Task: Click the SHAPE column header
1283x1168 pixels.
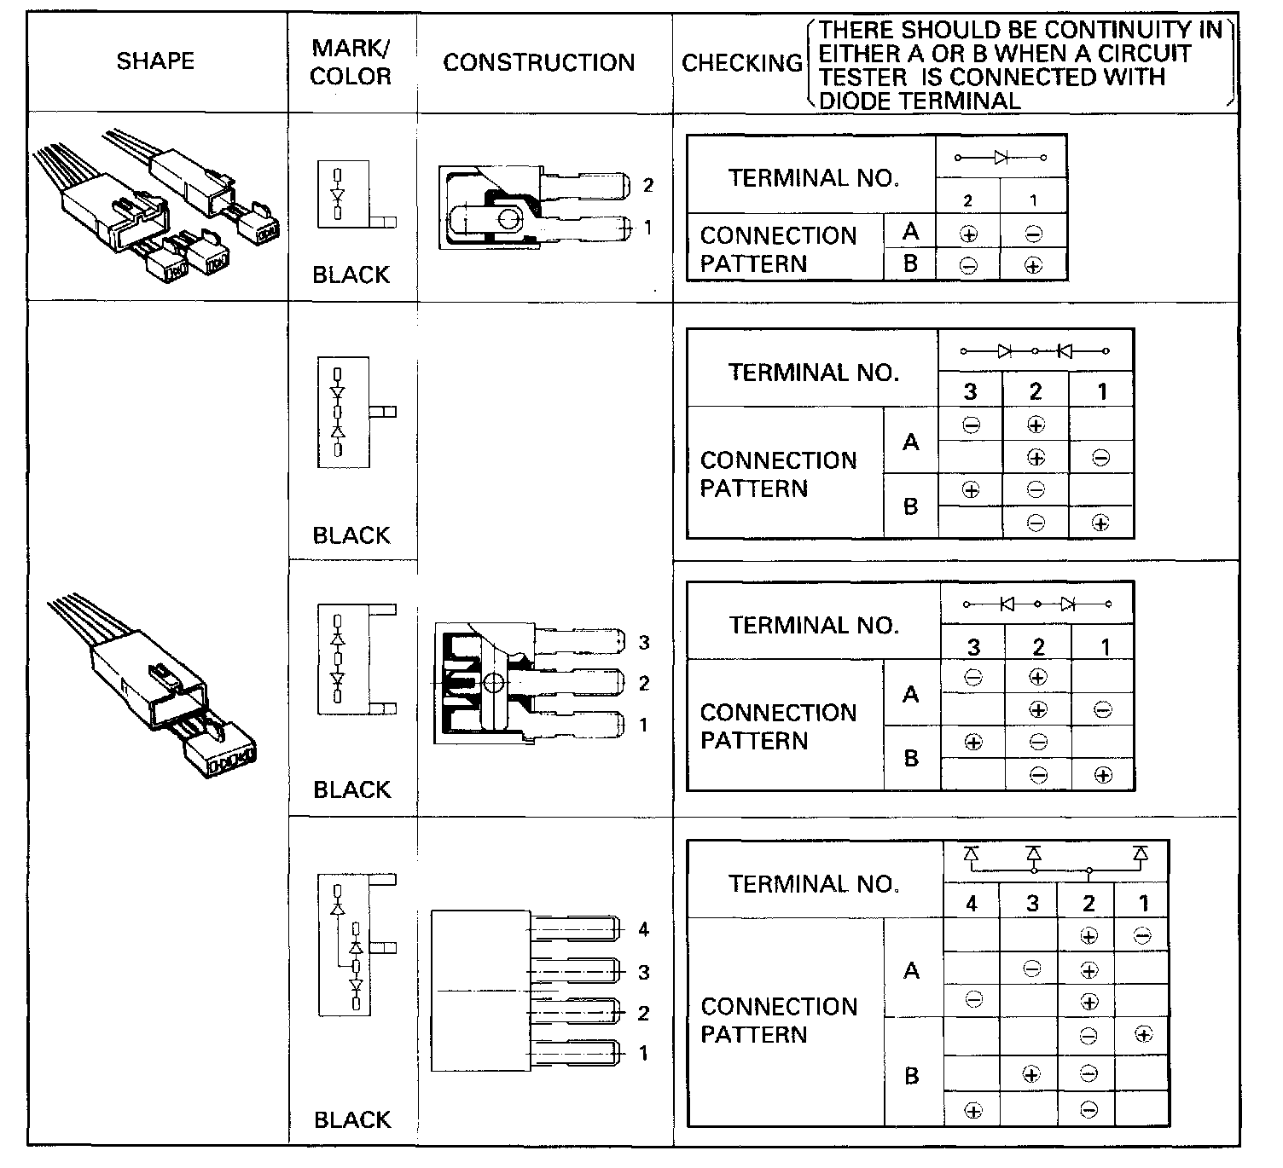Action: coord(155,61)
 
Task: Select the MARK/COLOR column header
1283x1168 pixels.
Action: coord(351,62)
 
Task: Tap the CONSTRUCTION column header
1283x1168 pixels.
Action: coord(538,62)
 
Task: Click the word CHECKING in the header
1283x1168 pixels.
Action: coord(742,63)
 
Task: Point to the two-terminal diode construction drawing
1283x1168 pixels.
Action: coord(533,207)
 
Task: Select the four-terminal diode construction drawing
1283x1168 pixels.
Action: coord(524,991)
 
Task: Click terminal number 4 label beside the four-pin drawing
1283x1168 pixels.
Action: coord(643,929)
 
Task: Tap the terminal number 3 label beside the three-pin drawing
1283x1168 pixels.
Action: coord(644,643)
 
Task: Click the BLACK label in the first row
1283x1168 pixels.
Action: coord(351,275)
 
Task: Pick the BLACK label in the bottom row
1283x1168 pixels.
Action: coord(352,1119)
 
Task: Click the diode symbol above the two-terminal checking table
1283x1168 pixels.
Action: coord(1001,158)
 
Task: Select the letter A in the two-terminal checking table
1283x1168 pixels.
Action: coord(910,232)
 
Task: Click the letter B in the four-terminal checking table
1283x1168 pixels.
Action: coord(911,1076)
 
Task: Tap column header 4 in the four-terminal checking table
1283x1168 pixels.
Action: coord(972,904)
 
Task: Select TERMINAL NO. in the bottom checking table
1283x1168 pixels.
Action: coord(814,884)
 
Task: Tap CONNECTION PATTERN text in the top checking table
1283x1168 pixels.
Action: coord(778,249)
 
